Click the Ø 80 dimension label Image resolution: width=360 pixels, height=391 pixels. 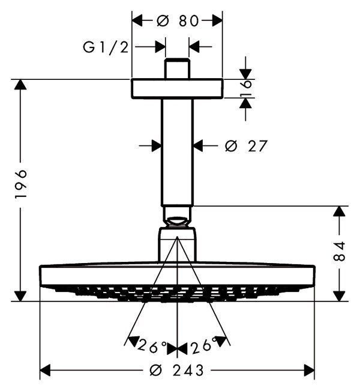pos(178,21)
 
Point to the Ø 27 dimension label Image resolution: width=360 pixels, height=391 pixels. pos(244,145)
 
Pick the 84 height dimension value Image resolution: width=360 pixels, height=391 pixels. pos(340,252)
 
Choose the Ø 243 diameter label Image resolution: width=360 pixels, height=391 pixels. pos(178,371)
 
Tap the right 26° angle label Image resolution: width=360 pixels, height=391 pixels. pos(202,347)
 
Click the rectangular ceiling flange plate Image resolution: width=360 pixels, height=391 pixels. pos(176,89)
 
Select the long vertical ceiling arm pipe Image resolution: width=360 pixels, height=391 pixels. pos(177,150)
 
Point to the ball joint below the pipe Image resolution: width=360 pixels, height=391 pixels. pos(177,216)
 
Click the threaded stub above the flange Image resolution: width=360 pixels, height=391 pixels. pos(177,68)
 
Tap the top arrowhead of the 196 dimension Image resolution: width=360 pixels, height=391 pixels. pos(20,85)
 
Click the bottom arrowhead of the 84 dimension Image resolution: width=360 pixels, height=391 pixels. pos(340,295)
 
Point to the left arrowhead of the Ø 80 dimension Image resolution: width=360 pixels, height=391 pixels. pos(137,21)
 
